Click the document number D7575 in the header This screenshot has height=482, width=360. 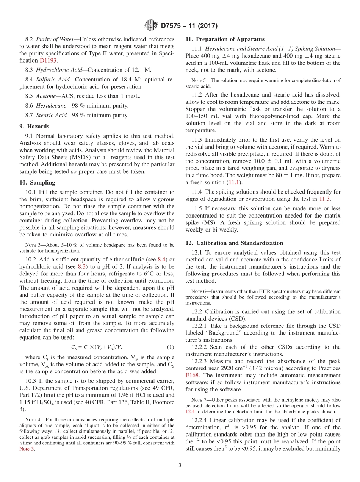click(x=173, y=26)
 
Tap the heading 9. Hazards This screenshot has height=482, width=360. click(x=34, y=127)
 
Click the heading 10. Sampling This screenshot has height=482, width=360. click(x=37, y=182)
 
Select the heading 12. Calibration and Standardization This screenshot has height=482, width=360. click(x=234, y=243)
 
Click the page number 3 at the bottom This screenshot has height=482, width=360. click(x=180, y=466)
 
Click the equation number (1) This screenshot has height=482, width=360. click(x=171, y=347)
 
